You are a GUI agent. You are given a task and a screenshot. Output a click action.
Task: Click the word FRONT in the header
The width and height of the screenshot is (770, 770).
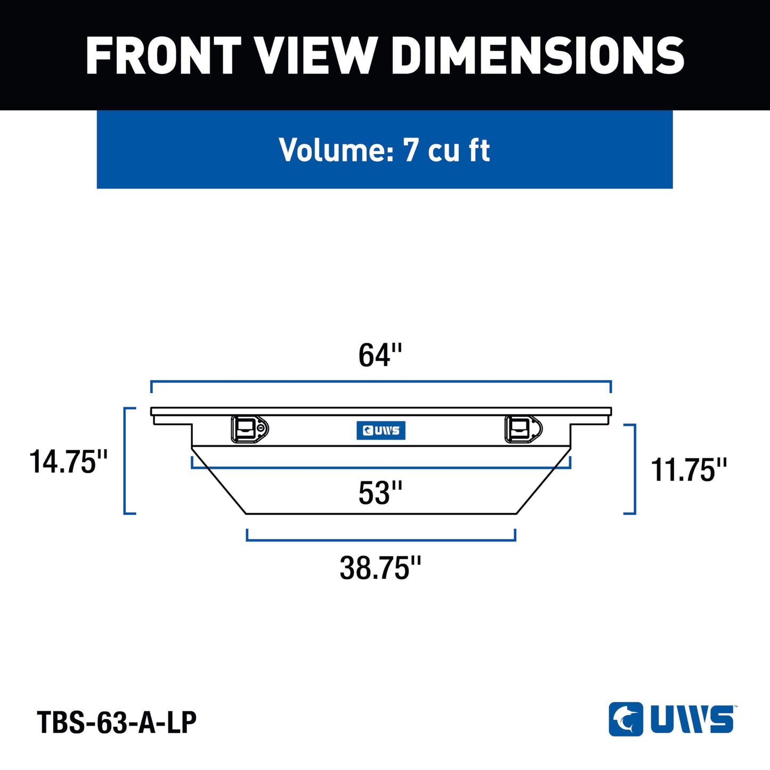(x=164, y=55)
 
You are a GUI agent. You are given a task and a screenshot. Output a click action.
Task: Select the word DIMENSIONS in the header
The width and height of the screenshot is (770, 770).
(x=538, y=55)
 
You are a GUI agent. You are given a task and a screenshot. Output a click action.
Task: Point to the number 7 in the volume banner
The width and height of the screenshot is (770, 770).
(x=411, y=150)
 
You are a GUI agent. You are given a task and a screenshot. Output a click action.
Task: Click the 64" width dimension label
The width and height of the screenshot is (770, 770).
(x=379, y=355)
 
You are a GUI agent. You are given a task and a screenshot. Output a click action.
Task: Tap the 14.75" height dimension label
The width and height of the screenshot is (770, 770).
(x=68, y=461)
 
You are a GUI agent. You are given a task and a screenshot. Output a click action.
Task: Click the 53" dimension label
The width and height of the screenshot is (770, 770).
(x=379, y=493)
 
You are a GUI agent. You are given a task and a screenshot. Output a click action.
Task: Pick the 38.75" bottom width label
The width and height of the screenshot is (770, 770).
(x=380, y=568)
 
